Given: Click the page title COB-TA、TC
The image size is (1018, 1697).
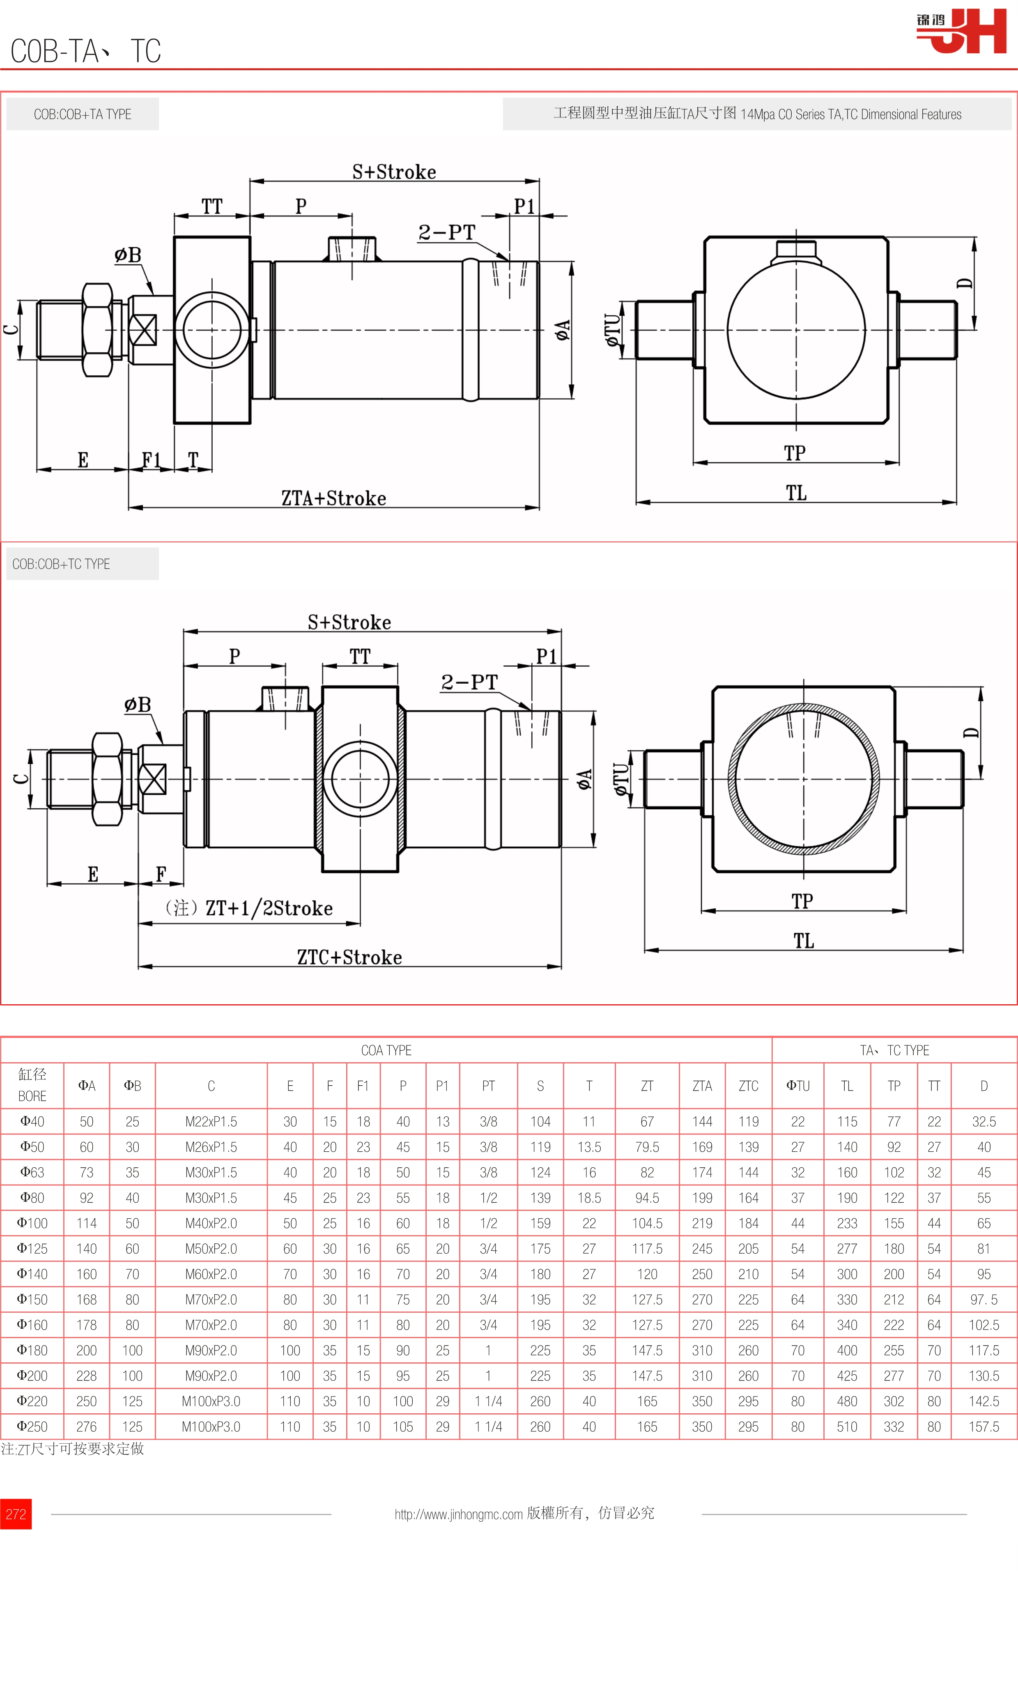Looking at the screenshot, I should [86, 51].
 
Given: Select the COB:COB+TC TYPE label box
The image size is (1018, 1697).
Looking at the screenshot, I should [61, 564].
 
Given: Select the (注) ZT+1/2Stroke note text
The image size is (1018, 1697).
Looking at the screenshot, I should [249, 908].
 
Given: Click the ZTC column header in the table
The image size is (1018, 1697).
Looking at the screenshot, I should [748, 1086].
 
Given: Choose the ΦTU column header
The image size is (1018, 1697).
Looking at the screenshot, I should [798, 1086].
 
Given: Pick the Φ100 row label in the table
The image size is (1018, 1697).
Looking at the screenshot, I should [32, 1223].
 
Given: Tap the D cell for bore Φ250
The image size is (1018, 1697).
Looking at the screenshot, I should [984, 1427].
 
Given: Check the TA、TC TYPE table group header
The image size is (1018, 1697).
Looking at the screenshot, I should [894, 1050].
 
